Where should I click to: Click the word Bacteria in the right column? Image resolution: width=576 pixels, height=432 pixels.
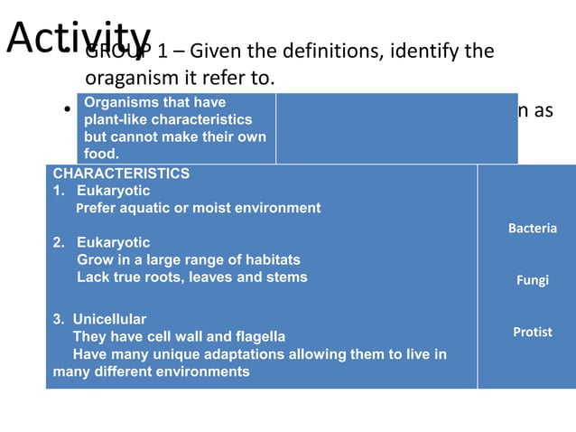click(532, 229)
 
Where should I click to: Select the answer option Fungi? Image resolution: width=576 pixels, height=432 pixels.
click(532, 280)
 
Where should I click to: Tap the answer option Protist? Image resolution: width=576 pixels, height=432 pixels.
click(532, 333)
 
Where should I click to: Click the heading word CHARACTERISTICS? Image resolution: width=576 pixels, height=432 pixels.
click(121, 174)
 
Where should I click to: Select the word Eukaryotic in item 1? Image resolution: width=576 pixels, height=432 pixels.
click(113, 191)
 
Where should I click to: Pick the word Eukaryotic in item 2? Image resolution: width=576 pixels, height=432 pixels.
click(113, 243)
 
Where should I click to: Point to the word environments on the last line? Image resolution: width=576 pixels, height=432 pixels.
click(206, 371)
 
